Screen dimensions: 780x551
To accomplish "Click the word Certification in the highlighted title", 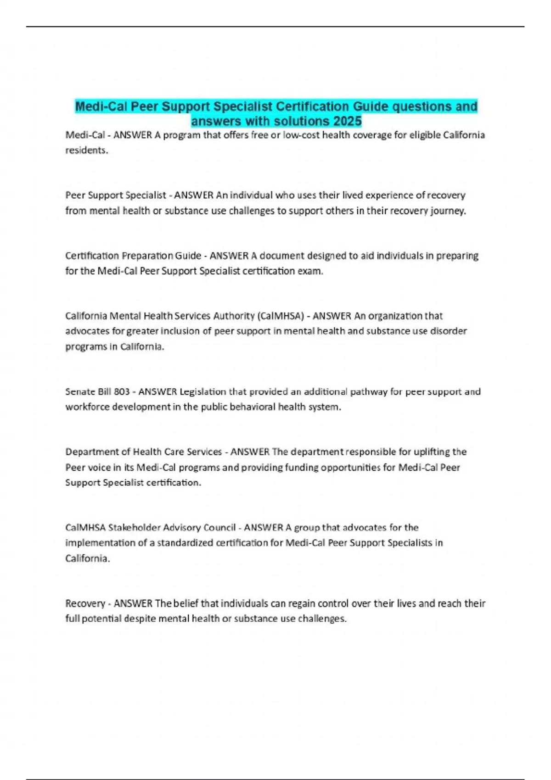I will point(312,106).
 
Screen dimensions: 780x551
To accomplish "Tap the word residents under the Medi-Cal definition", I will point(86,150).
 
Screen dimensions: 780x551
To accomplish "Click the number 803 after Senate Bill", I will point(121,391).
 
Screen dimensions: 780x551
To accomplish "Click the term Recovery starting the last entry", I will point(85,603).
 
